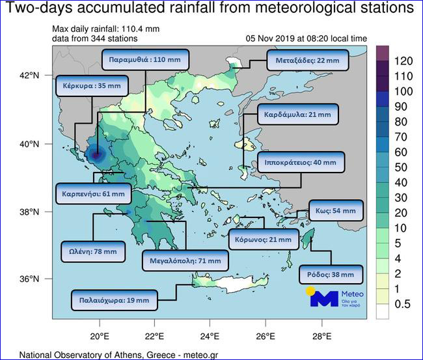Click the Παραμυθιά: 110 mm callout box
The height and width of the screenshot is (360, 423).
146,59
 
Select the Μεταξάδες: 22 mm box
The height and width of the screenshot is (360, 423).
307,62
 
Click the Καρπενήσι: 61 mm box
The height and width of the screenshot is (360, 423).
94,194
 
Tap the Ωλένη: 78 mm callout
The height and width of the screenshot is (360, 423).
92,251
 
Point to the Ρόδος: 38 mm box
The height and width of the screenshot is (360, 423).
330,274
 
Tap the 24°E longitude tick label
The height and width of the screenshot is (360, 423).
210,337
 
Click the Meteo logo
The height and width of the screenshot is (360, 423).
334,297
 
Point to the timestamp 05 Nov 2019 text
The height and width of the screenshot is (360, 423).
273,38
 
